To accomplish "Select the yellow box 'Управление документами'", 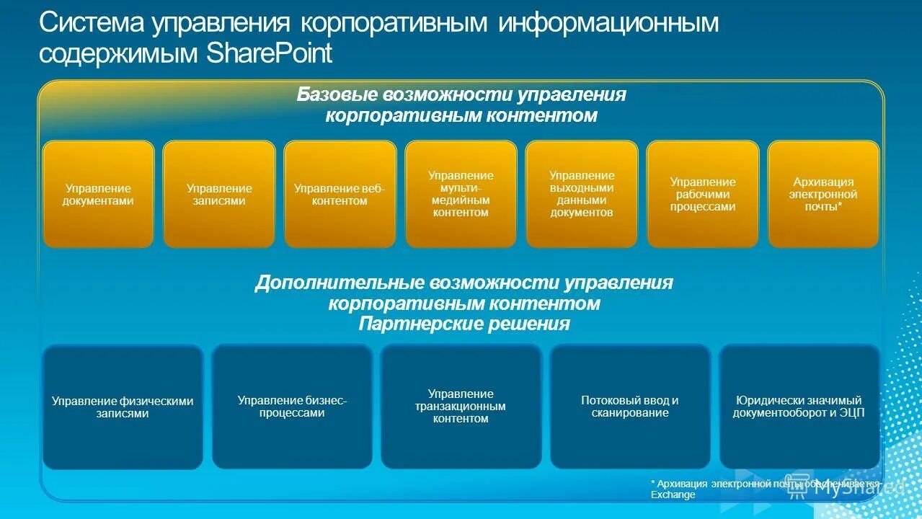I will click(x=98, y=195).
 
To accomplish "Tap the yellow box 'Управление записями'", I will click(x=219, y=195).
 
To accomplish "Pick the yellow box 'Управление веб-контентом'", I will click(x=340, y=195).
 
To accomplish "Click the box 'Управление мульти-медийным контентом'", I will click(x=461, y=195).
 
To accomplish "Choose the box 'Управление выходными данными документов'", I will click(x=582, y=195).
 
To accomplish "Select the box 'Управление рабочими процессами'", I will click(x=703, y=195).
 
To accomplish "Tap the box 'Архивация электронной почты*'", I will click(x=823, y=195).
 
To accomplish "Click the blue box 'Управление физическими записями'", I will click(x=123, y=407).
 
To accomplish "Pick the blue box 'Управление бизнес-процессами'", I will click(x=292, y=407).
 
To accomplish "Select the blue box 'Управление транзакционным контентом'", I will click(x=461, y=407).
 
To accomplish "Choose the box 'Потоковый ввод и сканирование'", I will click(x=630, y=407).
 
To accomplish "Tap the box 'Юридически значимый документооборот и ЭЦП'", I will click(x=799, y=407).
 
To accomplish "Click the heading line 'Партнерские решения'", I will click(x=464, y=324).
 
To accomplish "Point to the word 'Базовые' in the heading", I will click(x=337, y=95).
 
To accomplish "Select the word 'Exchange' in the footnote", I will click(x=673, y=495).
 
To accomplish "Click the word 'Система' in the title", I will click(x=91, y=22).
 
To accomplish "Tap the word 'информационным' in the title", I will click(x=608, y=22).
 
